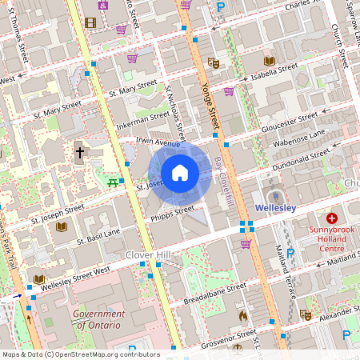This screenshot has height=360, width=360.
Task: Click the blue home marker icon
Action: point(180,173)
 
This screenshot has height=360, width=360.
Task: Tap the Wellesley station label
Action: point(275,207)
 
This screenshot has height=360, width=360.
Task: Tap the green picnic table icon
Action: point(113,182)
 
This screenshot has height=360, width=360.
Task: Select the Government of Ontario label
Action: point(97,320)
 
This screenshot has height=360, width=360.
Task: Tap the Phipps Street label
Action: point(173,212)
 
